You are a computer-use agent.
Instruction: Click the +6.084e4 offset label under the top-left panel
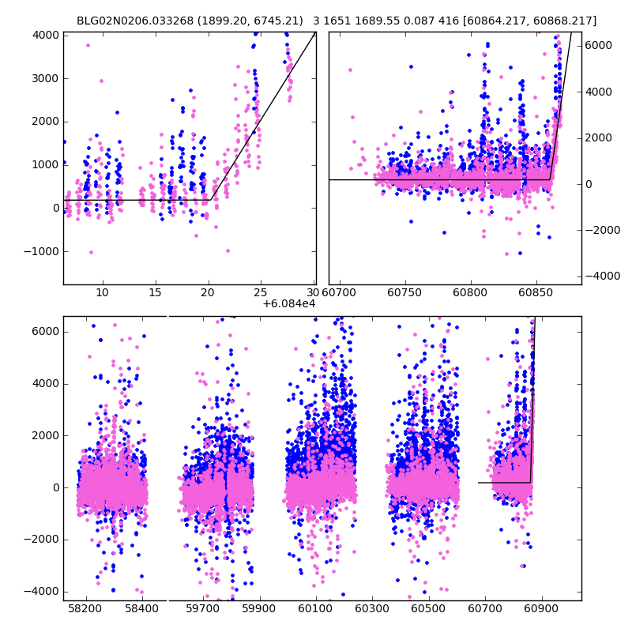coord(289,303)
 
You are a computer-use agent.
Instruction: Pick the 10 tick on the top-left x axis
coord(102,293)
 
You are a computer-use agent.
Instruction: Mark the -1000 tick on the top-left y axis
coord(41,251)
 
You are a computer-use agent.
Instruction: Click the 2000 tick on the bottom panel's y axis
coord(44,436)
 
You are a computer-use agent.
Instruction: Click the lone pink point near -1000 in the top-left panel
coord(91,252)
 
